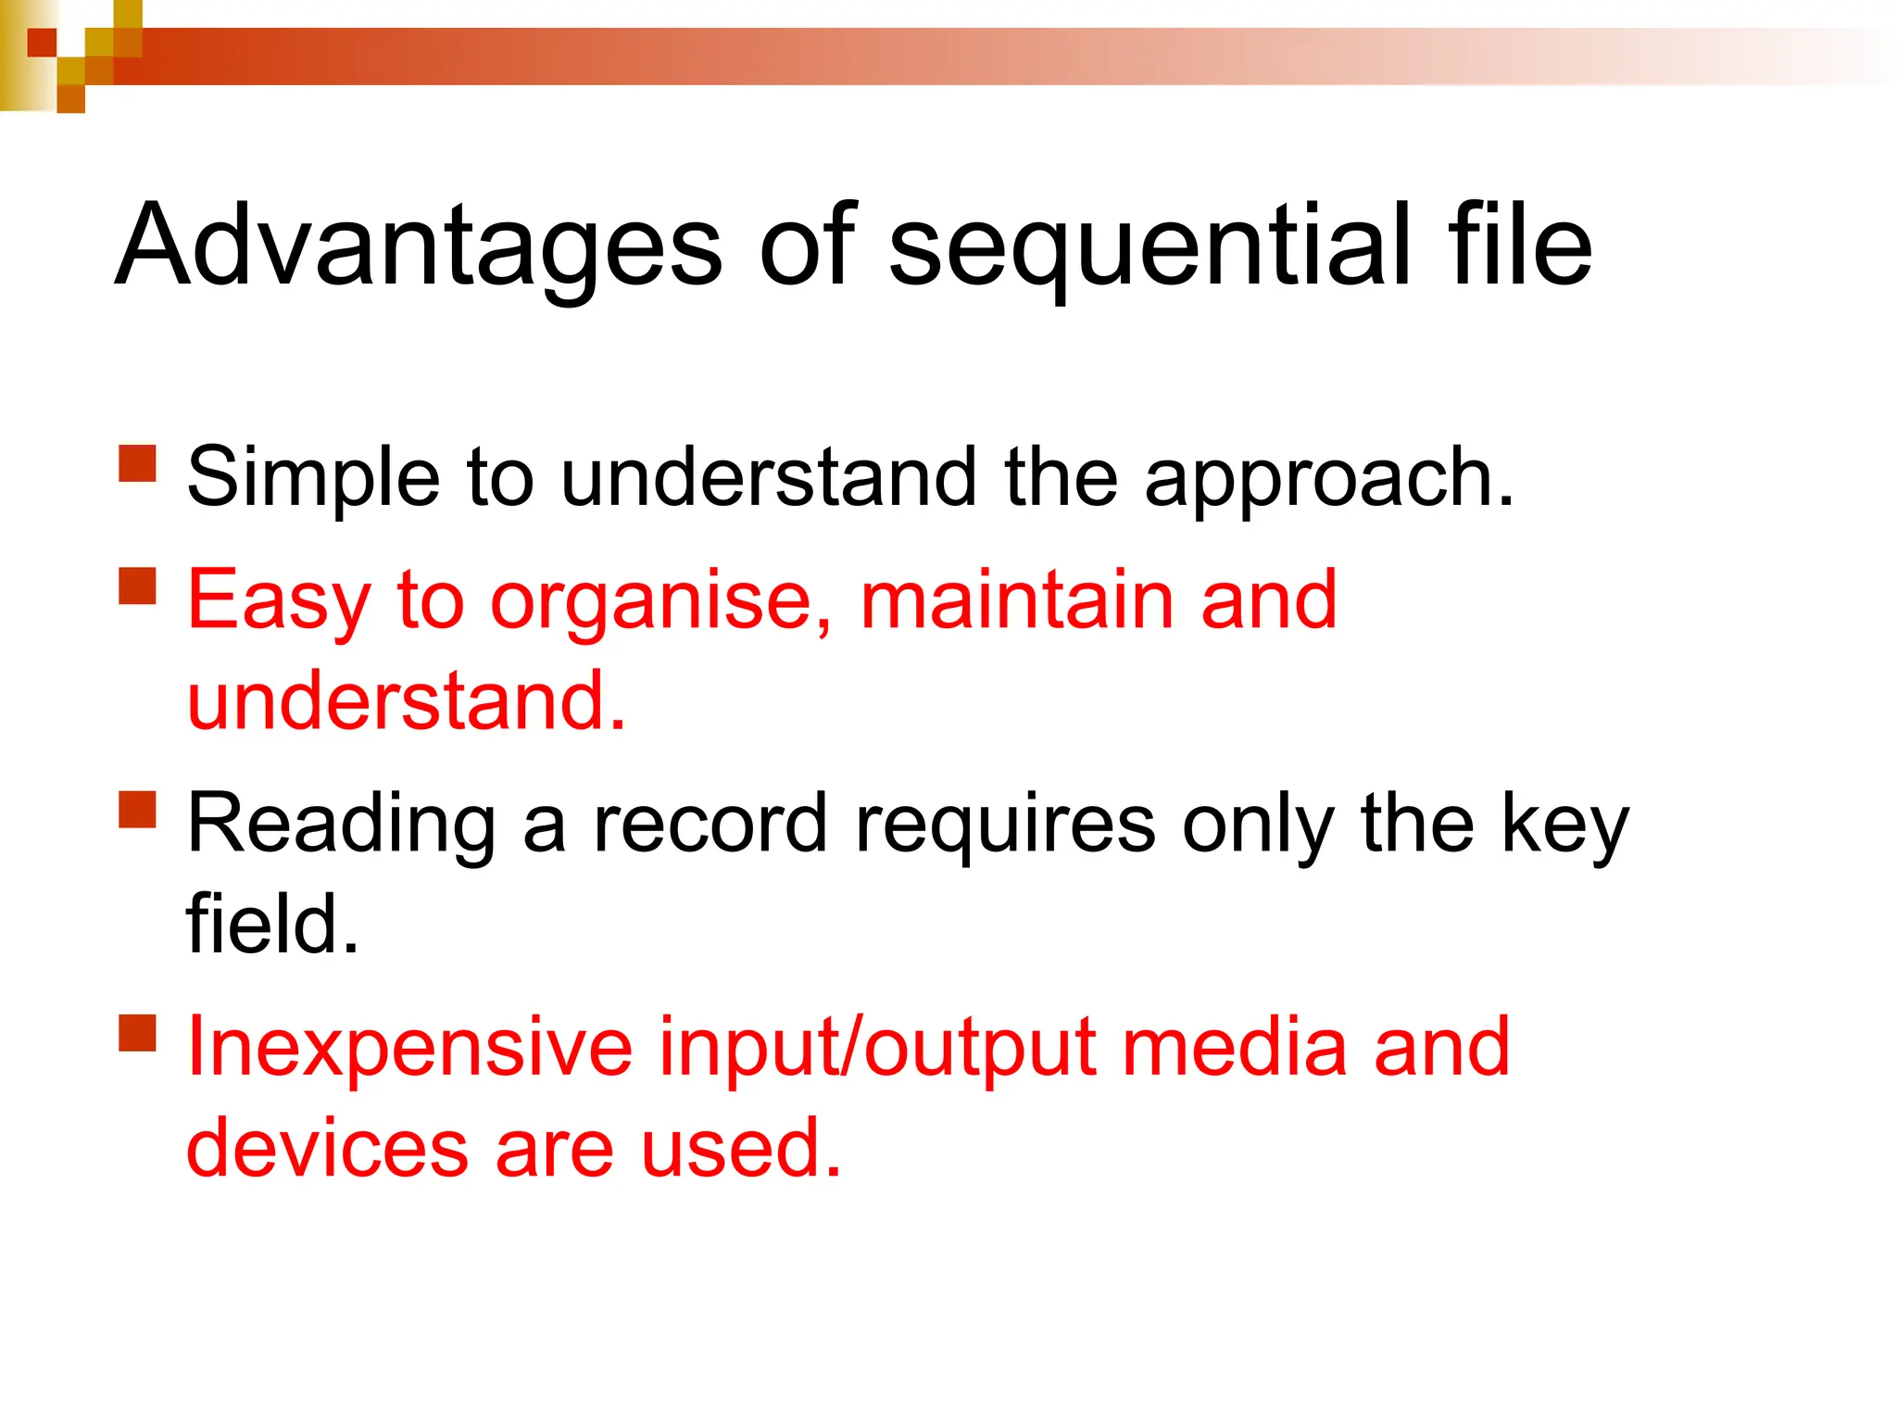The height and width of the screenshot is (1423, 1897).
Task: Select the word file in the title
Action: tap(1520, 246)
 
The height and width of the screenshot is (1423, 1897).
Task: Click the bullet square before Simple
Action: tap(138, 464)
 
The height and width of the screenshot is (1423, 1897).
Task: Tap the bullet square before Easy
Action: tap(138, 586)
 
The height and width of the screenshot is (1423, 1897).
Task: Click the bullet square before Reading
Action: tap(138, 809)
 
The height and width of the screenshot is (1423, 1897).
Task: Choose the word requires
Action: tap(1005, 825)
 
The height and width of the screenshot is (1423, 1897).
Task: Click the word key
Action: tap(1564, 825)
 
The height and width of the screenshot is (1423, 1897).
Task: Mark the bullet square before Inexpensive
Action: tap(138, 1033)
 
